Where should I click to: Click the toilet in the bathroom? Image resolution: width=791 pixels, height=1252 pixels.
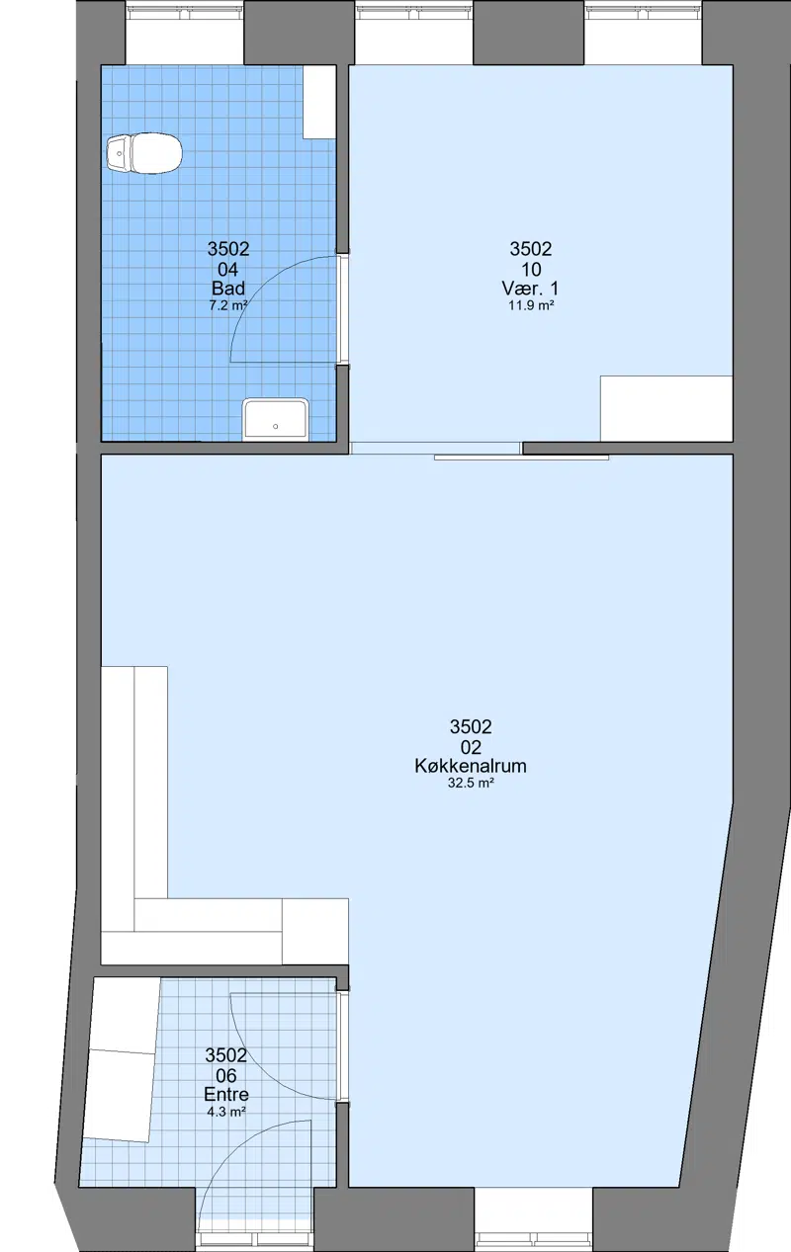point(144,152)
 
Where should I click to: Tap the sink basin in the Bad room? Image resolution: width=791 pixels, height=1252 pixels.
point(275,419)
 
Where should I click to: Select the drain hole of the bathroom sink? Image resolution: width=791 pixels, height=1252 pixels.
point(275,427)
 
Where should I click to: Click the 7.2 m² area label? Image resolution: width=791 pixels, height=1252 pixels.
point(228,305)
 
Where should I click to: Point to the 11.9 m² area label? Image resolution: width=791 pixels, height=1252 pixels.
point(531,305)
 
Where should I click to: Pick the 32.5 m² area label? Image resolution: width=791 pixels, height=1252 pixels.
point(471,783)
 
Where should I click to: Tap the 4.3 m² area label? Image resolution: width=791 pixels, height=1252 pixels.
point(226,1112)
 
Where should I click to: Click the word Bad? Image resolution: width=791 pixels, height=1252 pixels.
point(228,289)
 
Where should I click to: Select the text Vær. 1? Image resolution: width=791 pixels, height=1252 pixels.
point(531,289)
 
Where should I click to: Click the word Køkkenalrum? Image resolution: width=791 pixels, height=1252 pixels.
point(471,766)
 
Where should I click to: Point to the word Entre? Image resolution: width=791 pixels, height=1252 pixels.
point(226,1094)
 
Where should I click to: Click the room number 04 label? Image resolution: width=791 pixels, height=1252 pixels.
point(228,270)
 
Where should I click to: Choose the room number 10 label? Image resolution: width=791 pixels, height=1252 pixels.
point(531,270)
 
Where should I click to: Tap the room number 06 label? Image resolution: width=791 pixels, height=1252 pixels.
point(226,1075)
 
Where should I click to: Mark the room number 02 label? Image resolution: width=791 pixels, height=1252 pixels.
point(471,747)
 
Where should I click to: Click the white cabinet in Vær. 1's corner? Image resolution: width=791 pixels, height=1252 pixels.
point(666,408)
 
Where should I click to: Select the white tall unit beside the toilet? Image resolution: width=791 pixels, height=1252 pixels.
point(318,103)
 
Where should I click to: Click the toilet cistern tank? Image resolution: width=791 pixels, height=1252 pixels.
point(118,152)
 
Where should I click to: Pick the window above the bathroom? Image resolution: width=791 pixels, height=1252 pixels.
point(185,33)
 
